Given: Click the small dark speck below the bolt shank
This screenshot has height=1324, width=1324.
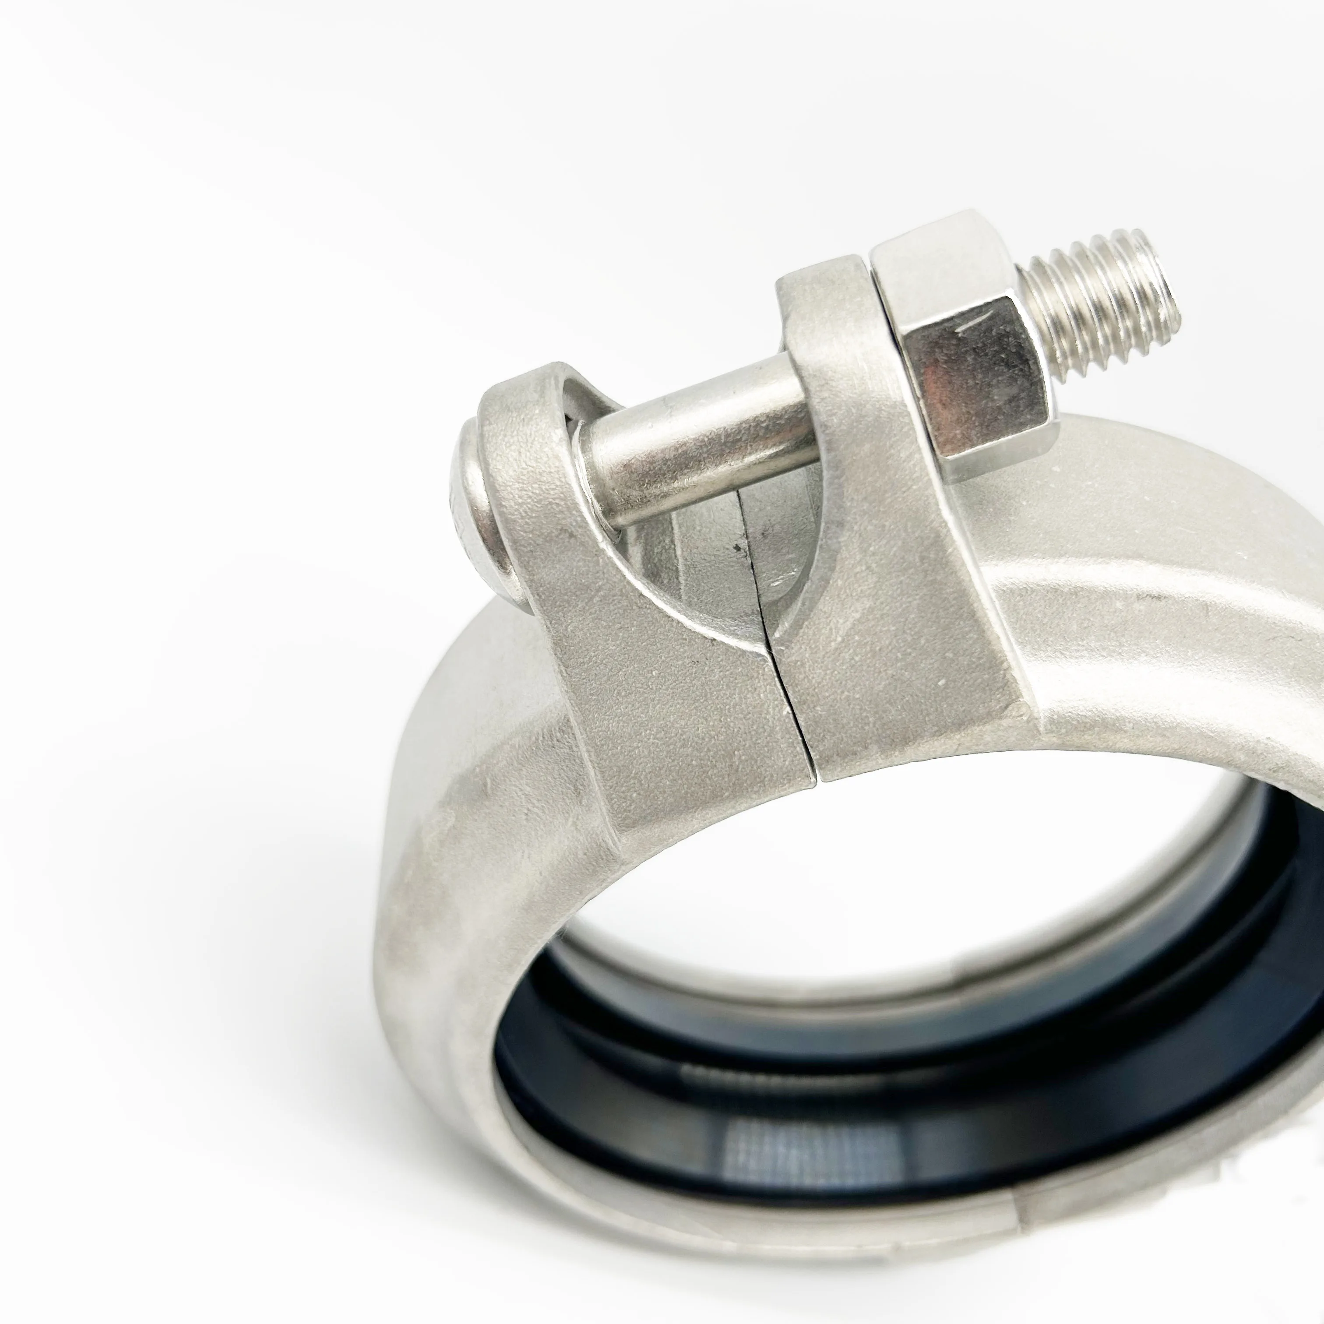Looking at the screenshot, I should tap(737, 548).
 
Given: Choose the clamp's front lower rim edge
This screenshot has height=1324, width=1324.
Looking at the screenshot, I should tap(685, 1206).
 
